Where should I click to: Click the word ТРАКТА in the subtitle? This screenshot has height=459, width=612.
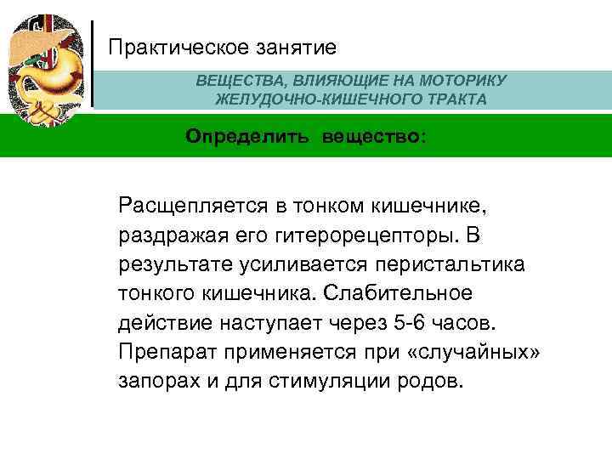458,99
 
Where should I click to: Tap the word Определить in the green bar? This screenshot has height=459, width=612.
249,136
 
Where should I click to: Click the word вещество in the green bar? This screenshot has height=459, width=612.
371,136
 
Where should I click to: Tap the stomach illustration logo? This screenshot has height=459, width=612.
47,64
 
